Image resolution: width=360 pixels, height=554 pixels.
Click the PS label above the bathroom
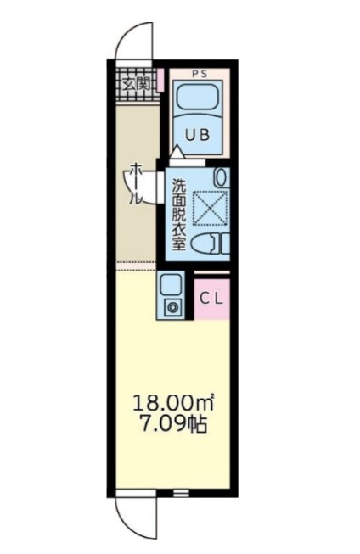point(200,74)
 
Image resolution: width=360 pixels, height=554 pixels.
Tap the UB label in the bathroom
point(198,135)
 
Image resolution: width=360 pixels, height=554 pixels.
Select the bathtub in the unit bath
point(197,98)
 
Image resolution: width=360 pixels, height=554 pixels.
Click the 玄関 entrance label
point(137,85)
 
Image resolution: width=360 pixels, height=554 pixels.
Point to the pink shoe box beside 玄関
point(160,81)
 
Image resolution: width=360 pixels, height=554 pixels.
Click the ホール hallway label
point(136,184)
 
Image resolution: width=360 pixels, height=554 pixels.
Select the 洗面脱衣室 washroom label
point(179,215)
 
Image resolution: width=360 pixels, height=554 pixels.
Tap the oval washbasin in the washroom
point(222,176)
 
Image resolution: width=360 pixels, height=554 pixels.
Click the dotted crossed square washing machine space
point(210,208)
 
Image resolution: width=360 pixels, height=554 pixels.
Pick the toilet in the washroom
point(210,243)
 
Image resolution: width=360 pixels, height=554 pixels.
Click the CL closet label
point(211,299)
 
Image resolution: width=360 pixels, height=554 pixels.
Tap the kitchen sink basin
point(171,284)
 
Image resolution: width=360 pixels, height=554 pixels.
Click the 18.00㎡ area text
point(173,403)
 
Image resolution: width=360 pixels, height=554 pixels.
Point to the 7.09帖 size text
point(173,425)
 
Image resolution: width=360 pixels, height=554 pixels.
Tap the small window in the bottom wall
point(180,493)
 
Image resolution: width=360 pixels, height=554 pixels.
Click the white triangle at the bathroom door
point(177,153)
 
